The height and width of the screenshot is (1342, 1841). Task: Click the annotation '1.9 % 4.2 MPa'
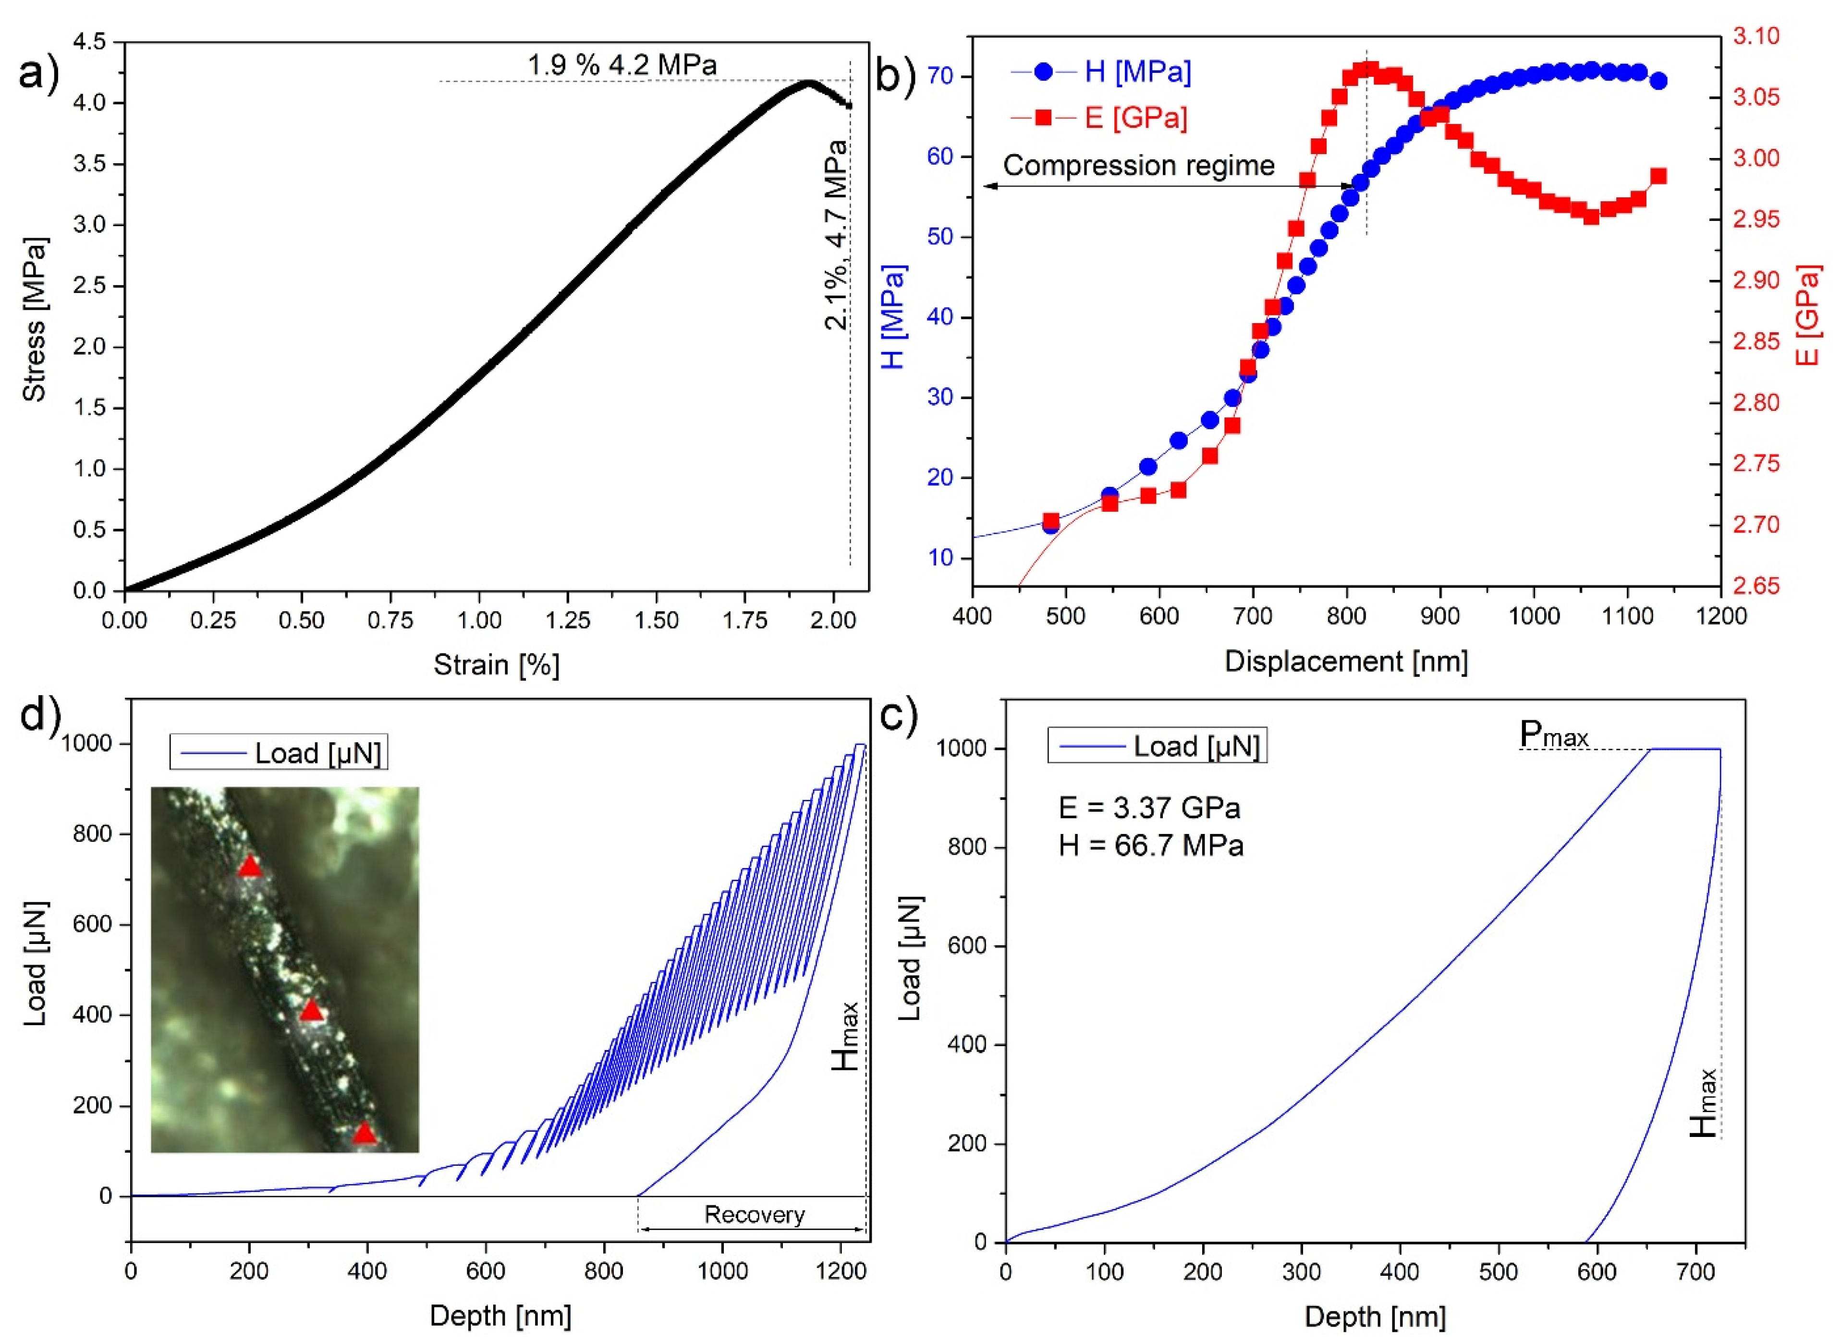[622, 64]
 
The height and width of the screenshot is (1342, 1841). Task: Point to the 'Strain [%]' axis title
[497, 665]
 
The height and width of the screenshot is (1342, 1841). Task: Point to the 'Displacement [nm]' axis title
[1346, 661]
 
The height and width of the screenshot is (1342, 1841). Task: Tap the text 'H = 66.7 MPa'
[1150, 846]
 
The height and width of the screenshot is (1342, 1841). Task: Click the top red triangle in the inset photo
[250, 868]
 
